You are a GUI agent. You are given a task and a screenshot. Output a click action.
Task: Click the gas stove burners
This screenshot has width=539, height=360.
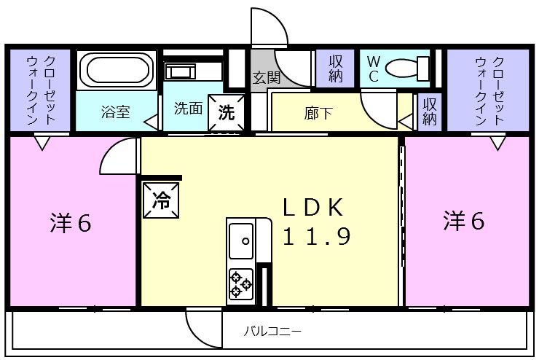tap(240, 283)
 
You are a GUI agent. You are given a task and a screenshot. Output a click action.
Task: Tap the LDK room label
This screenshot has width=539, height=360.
tap(312, 207)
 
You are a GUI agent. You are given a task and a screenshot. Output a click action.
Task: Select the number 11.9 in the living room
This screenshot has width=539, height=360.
tap(318, 236)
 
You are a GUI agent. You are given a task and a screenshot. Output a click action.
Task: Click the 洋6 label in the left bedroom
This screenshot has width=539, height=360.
tap(71, 223)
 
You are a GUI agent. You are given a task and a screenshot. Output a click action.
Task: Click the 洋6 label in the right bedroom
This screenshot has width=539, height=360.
tap(464, 221)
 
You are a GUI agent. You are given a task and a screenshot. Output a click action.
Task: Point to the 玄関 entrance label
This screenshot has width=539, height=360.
tap(265, 78)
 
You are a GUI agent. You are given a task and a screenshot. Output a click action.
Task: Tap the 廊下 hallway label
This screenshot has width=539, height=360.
tap(318, 112)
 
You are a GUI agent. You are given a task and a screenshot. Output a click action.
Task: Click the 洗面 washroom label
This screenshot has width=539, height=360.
tap(187, 109)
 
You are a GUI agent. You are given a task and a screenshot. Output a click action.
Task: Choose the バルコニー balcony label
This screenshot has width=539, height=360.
tap(272, 332)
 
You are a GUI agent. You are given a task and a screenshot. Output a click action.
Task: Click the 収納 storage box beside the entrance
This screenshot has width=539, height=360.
tap(335, 69)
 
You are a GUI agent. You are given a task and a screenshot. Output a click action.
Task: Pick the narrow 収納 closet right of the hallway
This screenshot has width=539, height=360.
tap(430, 112)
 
